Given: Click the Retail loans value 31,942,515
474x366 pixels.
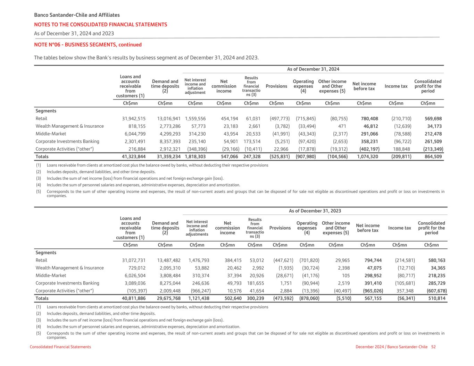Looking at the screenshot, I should coord(134,119).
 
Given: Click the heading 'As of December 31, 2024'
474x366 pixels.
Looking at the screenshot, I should coord(313,69).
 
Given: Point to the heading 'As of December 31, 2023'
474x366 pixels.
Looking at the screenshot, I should coord(315,211).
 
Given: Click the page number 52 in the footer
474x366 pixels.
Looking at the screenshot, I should coord(433,347).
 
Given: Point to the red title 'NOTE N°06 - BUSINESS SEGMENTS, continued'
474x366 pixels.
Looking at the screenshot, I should coord(88,45).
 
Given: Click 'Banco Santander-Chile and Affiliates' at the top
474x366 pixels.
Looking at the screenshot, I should coord(77,15).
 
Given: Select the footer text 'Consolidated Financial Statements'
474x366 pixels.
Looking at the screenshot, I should coord(60,347).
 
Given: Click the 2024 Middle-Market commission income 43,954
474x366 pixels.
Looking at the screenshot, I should coord(229,134).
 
